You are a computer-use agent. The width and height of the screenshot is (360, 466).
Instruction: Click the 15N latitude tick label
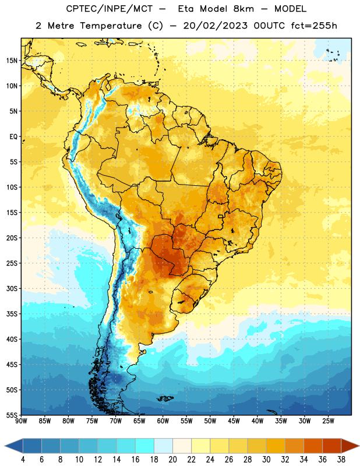click(12, 61)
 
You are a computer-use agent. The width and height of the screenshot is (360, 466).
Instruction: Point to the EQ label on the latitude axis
click(14, 137)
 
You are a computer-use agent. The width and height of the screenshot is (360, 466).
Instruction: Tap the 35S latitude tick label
click(12, 314)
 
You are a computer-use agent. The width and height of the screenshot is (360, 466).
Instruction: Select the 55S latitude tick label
click(12, 415)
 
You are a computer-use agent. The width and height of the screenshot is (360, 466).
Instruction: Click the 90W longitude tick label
click(21, 421)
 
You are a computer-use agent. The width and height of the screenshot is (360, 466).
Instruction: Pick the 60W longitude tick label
click(163, 421)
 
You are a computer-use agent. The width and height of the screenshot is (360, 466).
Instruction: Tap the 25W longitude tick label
click(328, 421)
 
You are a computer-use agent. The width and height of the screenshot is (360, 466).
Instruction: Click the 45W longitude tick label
click(234, 421)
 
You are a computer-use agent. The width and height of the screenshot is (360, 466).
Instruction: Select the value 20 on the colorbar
click(172, 460)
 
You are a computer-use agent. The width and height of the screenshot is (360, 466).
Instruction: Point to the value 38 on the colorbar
click(341, 460)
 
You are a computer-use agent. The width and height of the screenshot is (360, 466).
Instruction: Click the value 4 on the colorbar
click(23, 460)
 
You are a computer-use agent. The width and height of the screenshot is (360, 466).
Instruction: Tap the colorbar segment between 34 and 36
click(313, 446)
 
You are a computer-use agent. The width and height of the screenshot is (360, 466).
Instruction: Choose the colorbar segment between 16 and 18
click(144, 446)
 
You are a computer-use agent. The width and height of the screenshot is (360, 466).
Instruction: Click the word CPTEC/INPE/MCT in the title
click(109, 9)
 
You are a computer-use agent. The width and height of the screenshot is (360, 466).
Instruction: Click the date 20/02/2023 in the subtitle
click(215, 26)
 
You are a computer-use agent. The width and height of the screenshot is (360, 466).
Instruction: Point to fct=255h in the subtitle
click(314, 26)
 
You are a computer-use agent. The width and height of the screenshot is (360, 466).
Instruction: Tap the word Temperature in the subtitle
click(111, 26)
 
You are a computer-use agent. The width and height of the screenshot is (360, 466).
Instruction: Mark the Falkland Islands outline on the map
click(165, 398)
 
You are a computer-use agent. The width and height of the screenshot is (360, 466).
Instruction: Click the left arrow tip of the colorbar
click(5, 446)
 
